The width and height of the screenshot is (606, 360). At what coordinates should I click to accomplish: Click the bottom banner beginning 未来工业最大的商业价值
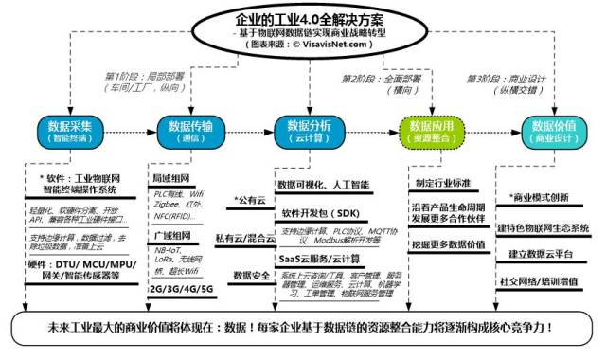coord(303,333)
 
